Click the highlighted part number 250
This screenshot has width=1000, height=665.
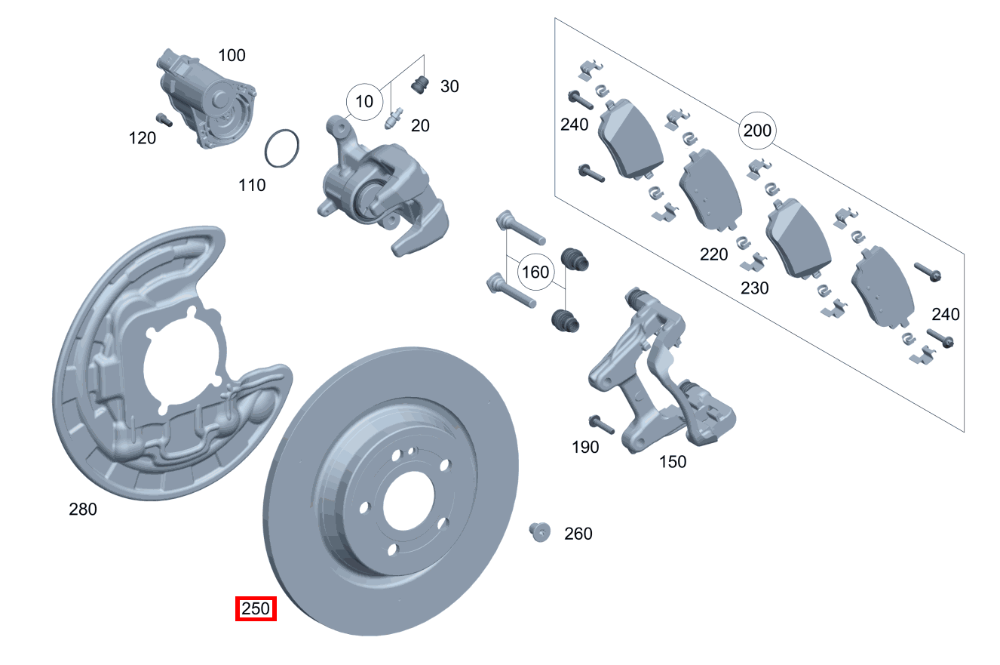(x=256, y=608)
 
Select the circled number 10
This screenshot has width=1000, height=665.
(x=364, y=100)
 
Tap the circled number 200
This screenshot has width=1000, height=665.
(x=756, y=131)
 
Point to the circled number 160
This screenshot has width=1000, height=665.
(x=535, y=271)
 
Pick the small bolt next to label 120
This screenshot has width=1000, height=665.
(x=163, y=119)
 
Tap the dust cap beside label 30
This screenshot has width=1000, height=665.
(x=420, y=85)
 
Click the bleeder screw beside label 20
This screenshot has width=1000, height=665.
(x=393, y=120)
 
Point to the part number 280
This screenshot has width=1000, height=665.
(x=83, y=510)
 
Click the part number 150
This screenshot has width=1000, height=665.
(x=673, y=461)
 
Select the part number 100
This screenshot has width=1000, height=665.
(x=232, y=55)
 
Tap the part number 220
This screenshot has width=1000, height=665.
(x=713, y=254)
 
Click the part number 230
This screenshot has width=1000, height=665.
(x=754, y=288)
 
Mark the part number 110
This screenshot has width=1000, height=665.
(x=252, y=185)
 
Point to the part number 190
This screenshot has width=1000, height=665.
(x=585, y=447)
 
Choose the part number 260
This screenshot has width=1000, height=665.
(x=578, y=534)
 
